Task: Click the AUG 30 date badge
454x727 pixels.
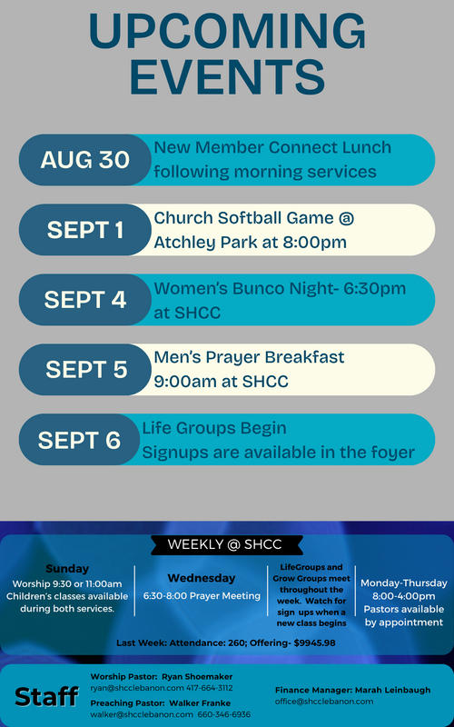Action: coord(84,160)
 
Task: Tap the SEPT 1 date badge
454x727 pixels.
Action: coord(84,230)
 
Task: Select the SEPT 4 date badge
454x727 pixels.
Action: coord(84,300)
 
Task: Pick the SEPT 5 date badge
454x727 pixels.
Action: coord(84,370)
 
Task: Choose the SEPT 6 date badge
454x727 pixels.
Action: coord(79,440)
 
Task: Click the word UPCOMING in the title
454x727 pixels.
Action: coord(227,32)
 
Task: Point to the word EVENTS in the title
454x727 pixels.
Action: coord(227,75)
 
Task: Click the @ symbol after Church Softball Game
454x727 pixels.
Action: coord(346,218)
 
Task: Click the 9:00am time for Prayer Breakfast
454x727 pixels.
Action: coord(179,382)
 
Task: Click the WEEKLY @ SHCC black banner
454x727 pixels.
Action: coord(226,544)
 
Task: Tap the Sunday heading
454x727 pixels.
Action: coord(67,569)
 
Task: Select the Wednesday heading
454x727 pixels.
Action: coord(202,578)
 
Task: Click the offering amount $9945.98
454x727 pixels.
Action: coord(314,643)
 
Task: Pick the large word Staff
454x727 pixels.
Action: coord(46,696)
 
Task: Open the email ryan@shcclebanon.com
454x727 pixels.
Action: coord(137,688)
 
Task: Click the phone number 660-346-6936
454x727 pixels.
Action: coord(223,714)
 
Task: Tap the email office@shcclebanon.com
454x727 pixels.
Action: coord(324,702)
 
